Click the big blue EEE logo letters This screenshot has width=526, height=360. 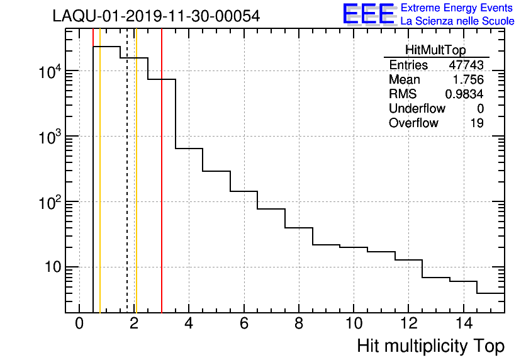369,14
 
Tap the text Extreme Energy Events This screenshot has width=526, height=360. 457,8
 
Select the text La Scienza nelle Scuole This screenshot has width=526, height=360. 457,21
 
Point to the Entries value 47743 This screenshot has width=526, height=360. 466,65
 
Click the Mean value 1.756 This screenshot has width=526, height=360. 468,80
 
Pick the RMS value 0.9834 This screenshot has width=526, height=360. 464,94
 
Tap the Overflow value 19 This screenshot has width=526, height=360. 477,123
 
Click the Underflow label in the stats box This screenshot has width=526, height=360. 417,108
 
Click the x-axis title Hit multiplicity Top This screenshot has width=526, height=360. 430,346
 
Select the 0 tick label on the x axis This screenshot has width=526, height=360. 79,323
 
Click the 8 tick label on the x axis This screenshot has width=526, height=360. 298,323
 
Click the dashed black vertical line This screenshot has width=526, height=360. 127,189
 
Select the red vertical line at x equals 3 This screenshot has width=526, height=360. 162,189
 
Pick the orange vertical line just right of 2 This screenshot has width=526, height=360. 136,189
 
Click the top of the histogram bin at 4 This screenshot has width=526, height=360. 189,149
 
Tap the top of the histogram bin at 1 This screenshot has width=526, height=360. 107,47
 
